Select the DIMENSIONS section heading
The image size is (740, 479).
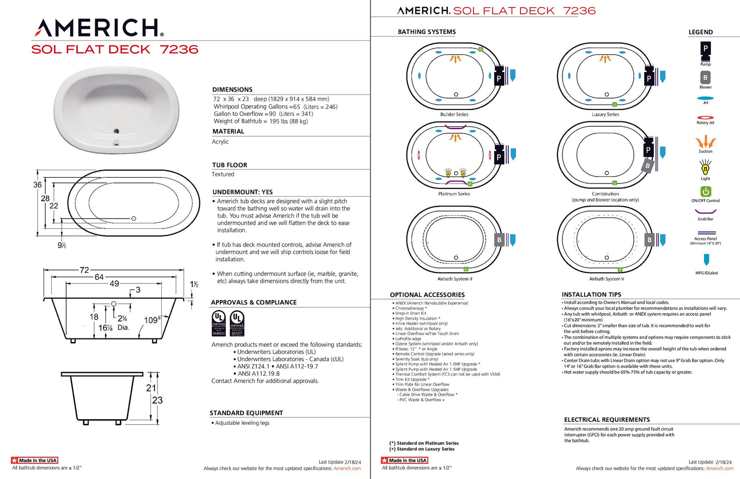pyautogui.click(x=232, y=90)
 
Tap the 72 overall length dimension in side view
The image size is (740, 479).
pyautogui.click(x=84, y=270)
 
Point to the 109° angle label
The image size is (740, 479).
pyautogui.click(x=152, y=320)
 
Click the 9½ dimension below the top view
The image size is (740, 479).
pyautogui.click(x=62, y=245)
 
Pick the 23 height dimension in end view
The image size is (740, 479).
pyautogui.click(x=157, y=400)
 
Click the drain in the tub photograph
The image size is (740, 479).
pyautogui.click(x=116, y=131)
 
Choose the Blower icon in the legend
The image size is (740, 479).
pyautogui.click(x=705, y=77)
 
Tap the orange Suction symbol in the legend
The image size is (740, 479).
pyautogui.click(x=705, y=142)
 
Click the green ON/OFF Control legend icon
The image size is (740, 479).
pyautogui.click(x=705, y=191)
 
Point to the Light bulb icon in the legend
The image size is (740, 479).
pyautogui.click(x=705, y=168)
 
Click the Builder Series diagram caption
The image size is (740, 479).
pyautogui.click(x=454, y=114)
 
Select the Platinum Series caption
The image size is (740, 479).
pyautogui.click(x=454, y=194)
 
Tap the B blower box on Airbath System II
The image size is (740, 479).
pyautogui.click(x=499, y=240)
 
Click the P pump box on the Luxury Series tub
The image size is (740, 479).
pyautogui.click(x=649, y=78)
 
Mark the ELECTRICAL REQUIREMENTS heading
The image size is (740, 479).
pyautogui.click(x=607, y=420)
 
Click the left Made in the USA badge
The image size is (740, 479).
pyautogui.click(x=35, y=460)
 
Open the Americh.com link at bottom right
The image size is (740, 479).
pyautogui.click(x=719, y=469)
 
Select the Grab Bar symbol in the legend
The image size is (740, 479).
pyautogui.click(x=705, y=212)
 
